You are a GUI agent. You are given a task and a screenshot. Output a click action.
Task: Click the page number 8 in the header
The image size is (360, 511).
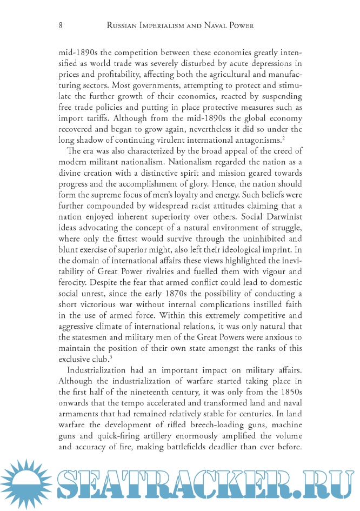tap(61, 25)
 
